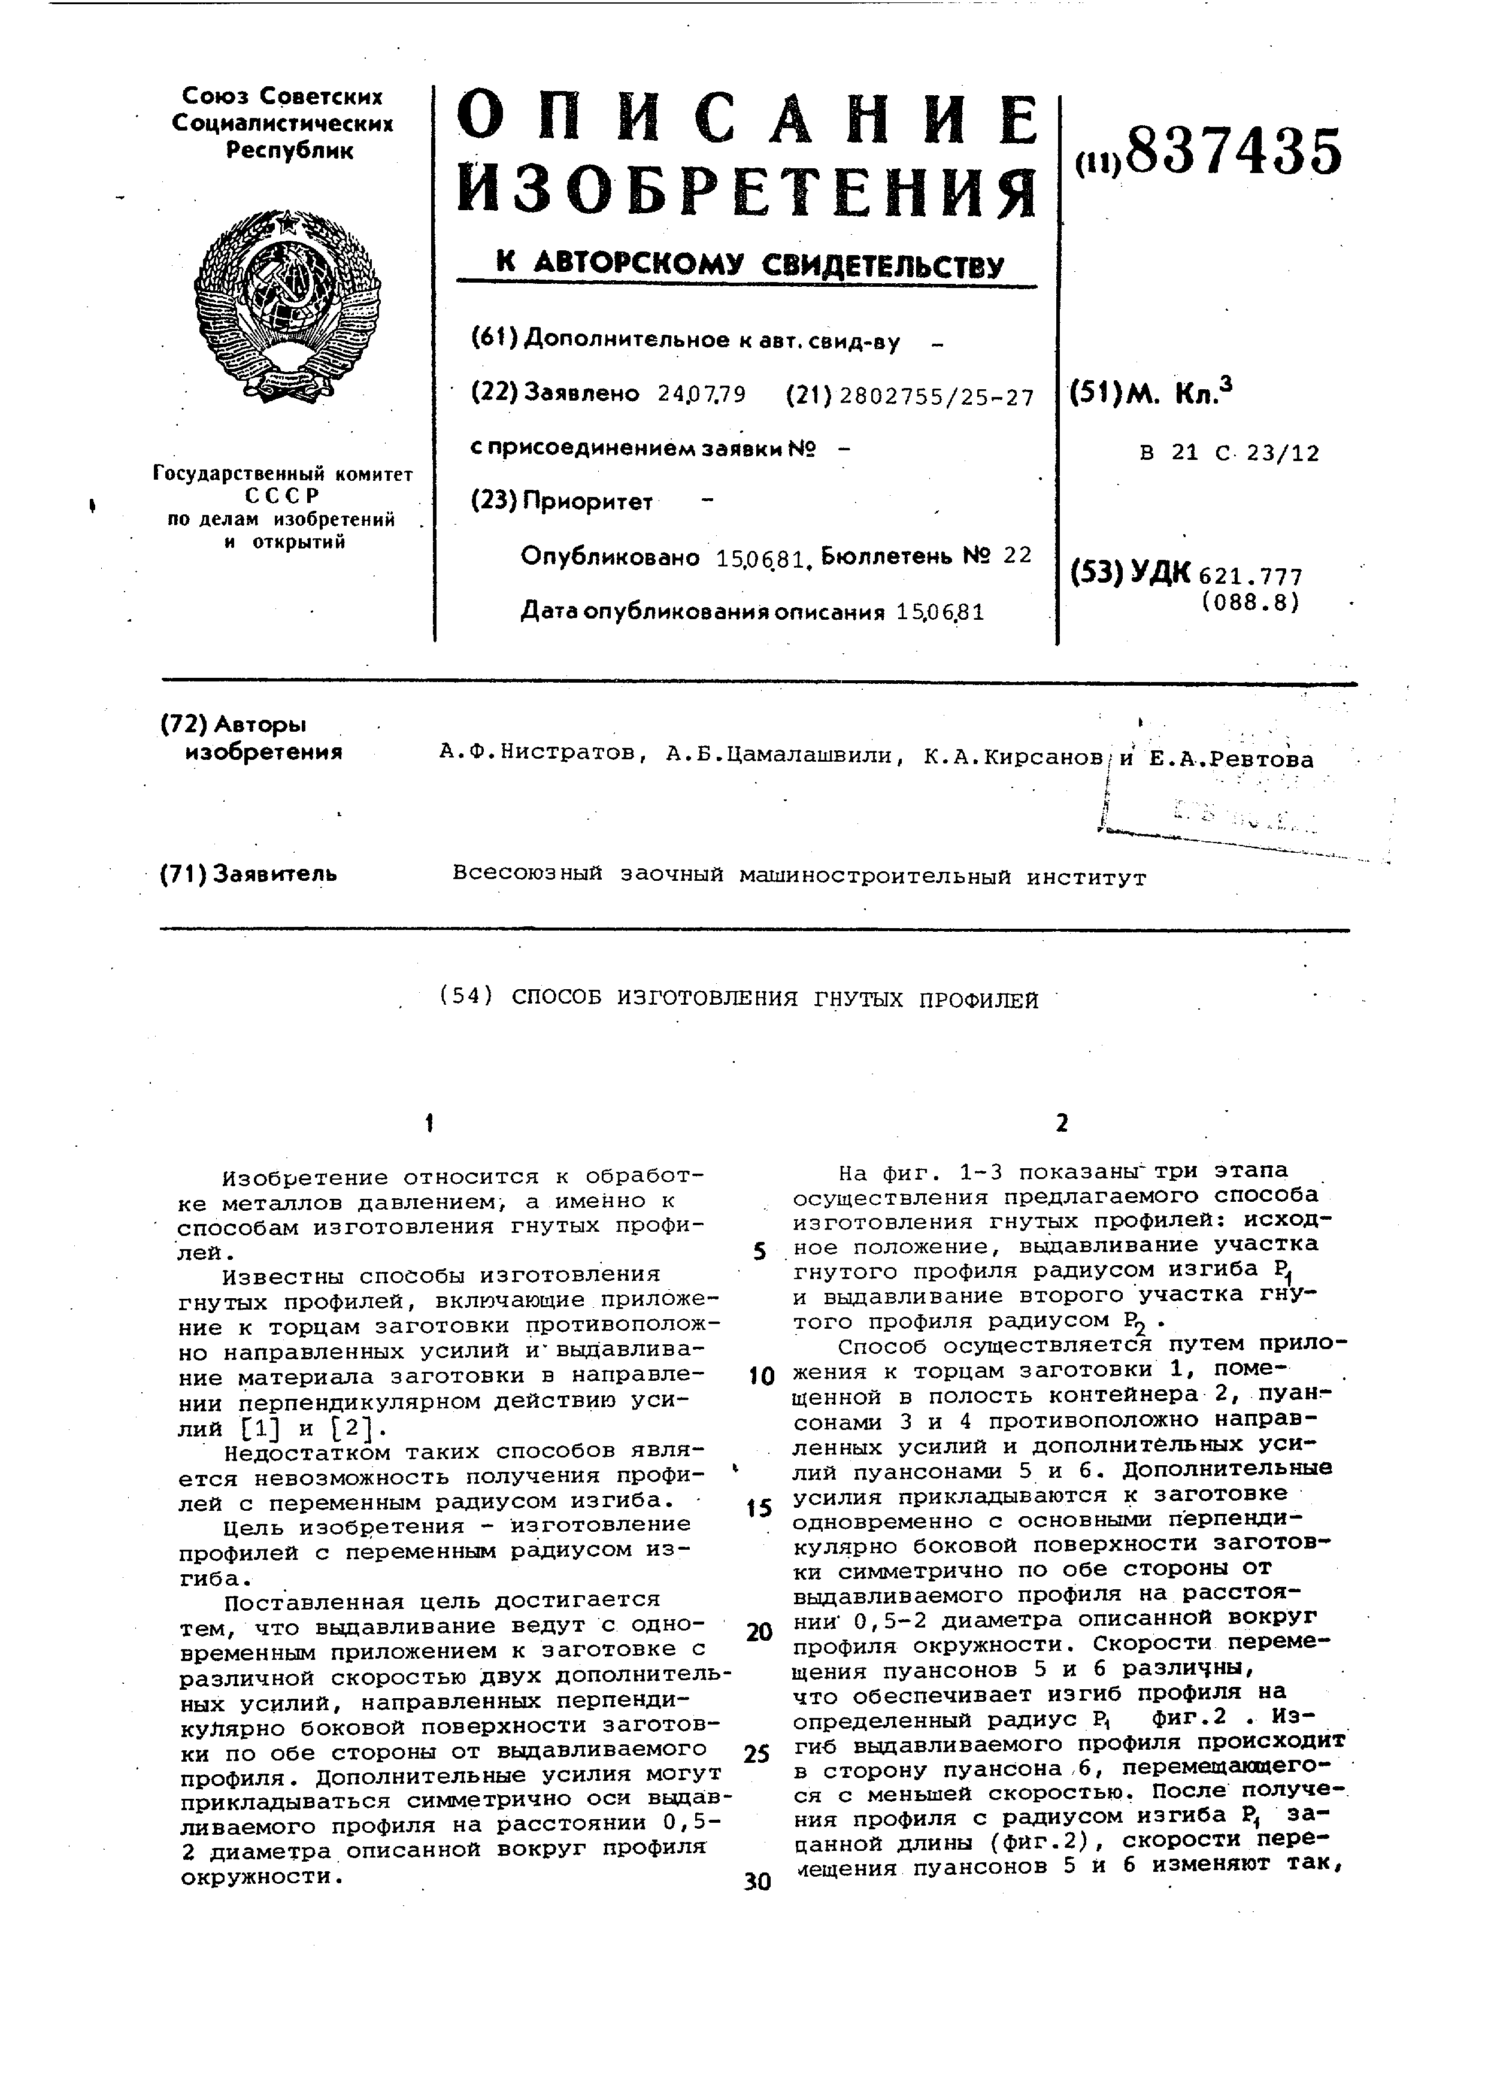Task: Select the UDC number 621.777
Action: coord(1250,577)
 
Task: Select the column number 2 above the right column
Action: coord(1060,1123)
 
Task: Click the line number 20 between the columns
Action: coord(759,1632)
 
